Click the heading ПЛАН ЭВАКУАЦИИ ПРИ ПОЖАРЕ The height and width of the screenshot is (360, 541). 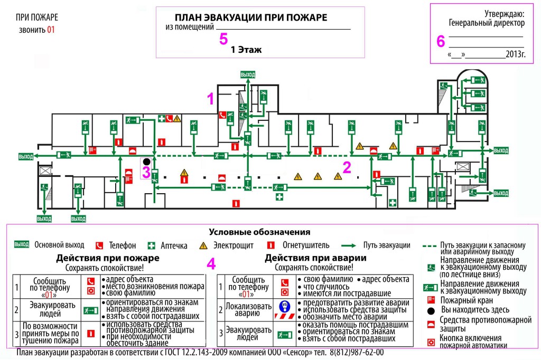point(251,17)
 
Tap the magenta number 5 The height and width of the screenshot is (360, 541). point(223,39)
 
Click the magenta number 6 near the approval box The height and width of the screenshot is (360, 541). point(441,41)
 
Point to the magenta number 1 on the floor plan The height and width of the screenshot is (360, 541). point(210,99)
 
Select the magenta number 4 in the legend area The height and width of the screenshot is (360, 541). point(211,264)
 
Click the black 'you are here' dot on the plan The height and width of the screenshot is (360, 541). point(147,162)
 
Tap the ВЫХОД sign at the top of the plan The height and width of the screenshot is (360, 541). point(248,74)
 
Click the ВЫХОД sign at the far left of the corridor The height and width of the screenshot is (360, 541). point(26,157)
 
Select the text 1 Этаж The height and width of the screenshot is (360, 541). point(246,50)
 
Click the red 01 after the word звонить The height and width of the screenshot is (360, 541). point(51,30)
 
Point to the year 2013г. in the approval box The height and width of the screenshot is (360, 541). point(516,54)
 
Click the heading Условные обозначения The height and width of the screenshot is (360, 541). point(259,232)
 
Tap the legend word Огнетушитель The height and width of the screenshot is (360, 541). point(306,245)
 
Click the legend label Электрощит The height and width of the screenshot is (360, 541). point(233,245)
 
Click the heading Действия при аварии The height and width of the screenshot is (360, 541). point(315,258)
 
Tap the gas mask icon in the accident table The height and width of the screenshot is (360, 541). point(284,306)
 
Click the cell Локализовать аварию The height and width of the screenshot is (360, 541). point(248,310)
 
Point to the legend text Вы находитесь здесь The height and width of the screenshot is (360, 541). point(475,310)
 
